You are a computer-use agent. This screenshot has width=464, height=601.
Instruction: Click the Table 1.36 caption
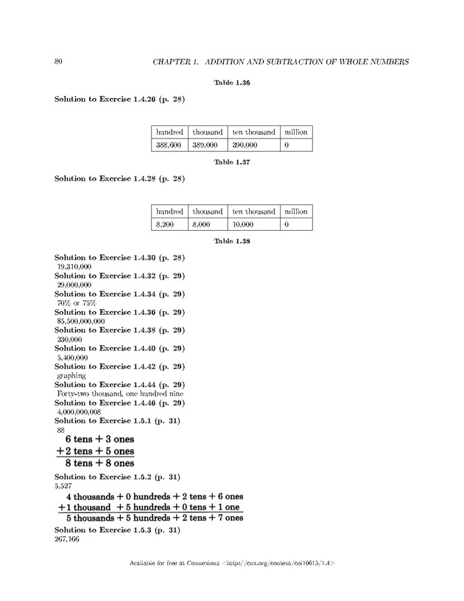[x=232, y=83]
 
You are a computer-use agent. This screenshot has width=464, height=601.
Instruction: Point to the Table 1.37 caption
[x=232, y=162]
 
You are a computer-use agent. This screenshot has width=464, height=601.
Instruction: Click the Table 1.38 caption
[x=232, y=240]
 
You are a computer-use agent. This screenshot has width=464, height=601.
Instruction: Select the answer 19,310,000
[x=74, y=266]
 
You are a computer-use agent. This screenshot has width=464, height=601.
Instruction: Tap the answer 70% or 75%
[x=71, y=302]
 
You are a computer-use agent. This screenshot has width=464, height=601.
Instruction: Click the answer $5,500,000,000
[x=80, y=321]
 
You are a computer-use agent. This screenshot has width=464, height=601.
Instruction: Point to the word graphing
[x=71, y=375]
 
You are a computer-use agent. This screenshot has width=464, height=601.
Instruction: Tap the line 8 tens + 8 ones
[x=99, y=463]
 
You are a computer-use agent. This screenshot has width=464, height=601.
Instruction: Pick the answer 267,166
[x=66, y=540]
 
